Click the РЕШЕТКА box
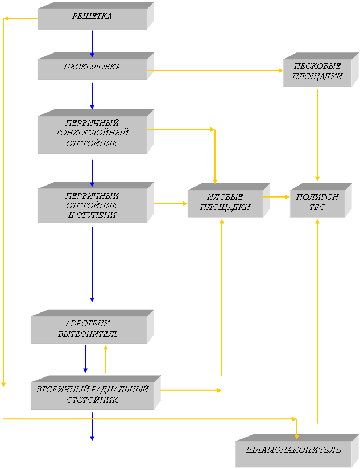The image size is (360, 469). [92, 17]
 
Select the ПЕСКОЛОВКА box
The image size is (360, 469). [92, 67]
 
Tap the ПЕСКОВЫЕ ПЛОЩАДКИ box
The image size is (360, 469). [314, 72]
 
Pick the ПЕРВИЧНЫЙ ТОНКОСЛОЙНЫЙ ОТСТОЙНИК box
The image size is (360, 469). [92, 133]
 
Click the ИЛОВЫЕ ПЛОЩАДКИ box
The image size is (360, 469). [225, 203]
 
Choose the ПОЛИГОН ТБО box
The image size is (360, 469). [317, 203]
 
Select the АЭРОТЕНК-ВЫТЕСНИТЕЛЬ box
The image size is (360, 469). [88, 330]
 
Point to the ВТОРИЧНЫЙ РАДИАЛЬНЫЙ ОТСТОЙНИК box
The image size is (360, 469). [92, 394]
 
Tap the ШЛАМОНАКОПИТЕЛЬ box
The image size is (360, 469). [293, 451]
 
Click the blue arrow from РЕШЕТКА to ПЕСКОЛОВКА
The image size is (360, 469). [92, 43]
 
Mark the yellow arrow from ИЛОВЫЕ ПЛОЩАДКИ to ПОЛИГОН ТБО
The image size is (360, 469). [276, 197]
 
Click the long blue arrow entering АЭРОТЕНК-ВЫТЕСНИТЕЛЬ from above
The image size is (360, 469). [92, 265]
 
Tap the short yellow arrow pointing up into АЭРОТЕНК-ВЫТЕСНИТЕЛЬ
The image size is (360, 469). [106, 359]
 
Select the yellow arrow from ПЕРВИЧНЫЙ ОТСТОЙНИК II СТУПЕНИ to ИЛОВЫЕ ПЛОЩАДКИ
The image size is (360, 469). [171, 203]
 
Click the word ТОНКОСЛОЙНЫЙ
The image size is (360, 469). [92, 133]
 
